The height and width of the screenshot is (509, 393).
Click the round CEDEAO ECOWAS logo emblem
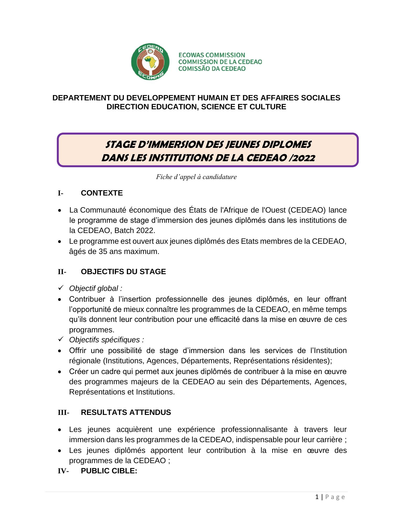pos(150,62)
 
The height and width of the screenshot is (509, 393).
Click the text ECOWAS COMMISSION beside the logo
pos(212,55)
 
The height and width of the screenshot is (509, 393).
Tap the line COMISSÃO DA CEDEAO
pos(212,69)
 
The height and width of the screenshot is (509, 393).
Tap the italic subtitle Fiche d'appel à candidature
pos(196,177)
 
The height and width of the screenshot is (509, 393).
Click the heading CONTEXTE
pos(102,193)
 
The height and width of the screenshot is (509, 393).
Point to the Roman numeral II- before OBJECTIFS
pos(62,272)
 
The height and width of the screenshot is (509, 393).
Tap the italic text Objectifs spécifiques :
pos(106,340)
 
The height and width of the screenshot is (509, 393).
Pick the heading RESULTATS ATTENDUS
pos(126,412)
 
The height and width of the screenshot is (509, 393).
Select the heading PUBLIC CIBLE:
pos(109,471)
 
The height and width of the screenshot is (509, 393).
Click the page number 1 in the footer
pos(317,497)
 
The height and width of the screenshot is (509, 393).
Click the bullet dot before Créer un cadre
pos(60,372)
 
